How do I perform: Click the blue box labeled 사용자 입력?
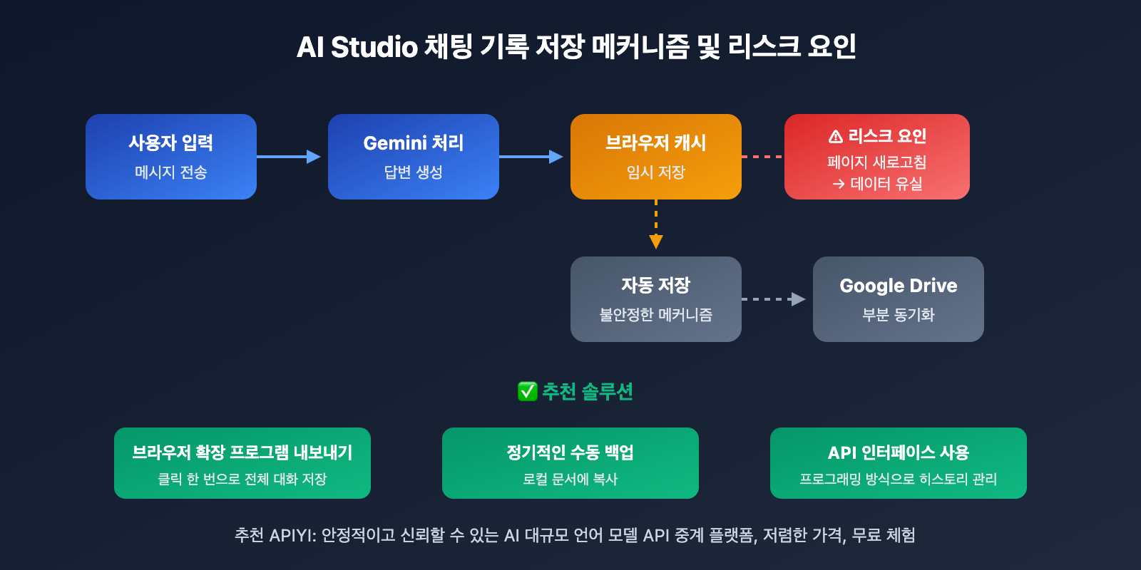[171, 157]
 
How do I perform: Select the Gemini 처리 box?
[414, 157]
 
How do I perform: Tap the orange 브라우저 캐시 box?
[656, 157]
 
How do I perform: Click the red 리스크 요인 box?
[877, 157]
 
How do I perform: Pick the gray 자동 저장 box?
[656, 299]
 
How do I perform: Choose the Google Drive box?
[899, 299]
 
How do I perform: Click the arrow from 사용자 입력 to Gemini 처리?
[289, 157]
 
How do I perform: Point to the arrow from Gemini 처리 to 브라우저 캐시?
[531, 157]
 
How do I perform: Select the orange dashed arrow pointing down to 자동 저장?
[656, 224]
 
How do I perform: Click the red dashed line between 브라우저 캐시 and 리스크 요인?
[762, 157]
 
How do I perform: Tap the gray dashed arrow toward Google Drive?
[774, 299]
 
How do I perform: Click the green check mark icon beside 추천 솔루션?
[527, 391]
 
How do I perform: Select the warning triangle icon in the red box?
[836, 136]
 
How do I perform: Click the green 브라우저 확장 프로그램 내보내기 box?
[242, 463]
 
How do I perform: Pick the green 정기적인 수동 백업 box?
[570, 463]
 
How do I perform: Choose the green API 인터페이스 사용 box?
[899, 463]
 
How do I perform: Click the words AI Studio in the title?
[357, 47]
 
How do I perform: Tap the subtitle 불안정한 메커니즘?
[656, 315]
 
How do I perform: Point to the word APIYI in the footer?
[292, 535]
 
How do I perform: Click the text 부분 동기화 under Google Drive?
[899, 315]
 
